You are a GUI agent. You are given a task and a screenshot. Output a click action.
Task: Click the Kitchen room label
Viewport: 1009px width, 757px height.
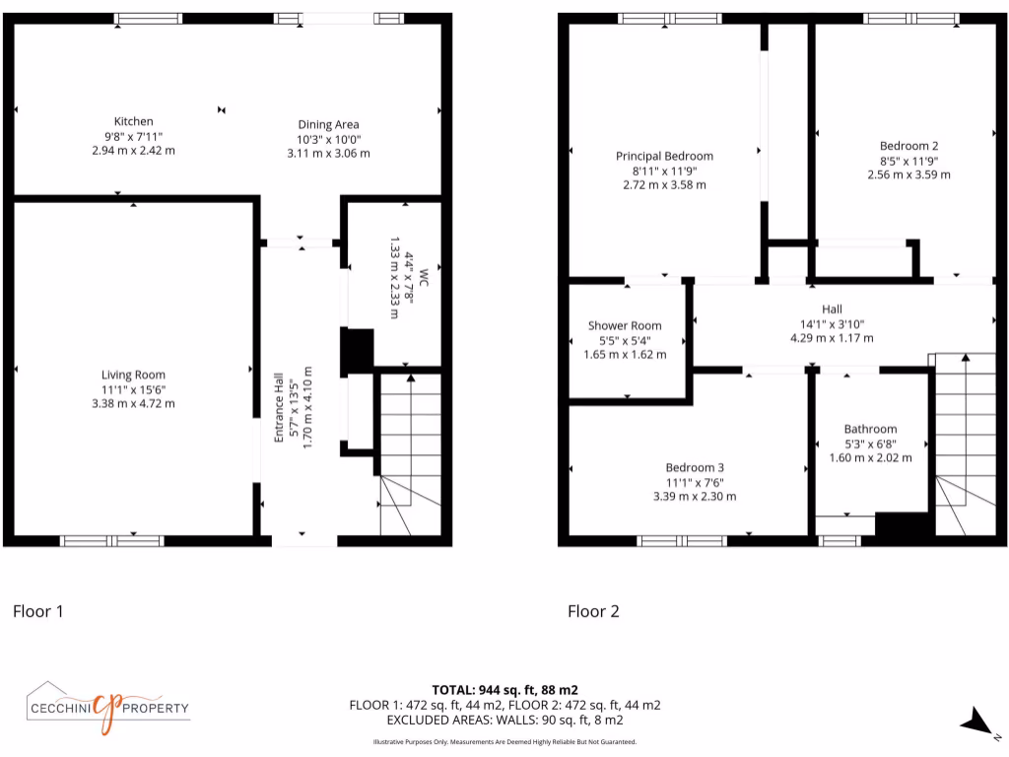point(133,121)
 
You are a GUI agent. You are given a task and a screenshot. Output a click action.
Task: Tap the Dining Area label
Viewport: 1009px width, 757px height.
point(328,124)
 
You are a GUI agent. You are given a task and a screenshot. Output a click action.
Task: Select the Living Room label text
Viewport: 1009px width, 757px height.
point(133,375)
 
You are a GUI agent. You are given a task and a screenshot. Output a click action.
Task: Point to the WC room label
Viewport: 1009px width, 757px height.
point(424,277)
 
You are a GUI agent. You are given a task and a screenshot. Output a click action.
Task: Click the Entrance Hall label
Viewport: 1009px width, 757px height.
point(280,406)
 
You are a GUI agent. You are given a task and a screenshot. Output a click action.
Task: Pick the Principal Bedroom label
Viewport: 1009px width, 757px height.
point(664,156)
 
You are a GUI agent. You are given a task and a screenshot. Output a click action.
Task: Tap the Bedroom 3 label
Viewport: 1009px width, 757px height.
point(694,467)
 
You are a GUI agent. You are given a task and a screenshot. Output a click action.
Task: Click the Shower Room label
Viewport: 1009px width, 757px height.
point(625,326)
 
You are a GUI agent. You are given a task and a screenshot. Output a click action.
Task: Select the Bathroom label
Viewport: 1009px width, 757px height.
point(870,429)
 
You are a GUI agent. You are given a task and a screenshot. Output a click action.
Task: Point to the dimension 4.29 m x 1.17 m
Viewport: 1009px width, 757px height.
point(832,338)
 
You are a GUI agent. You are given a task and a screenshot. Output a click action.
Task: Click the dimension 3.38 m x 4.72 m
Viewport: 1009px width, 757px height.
point(133,403)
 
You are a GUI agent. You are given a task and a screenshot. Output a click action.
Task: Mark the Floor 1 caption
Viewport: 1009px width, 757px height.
point(37,611)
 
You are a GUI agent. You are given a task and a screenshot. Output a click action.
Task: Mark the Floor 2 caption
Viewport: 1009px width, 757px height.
point(593,611)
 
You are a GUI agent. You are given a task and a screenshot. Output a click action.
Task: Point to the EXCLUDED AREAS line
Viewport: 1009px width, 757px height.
point(504,721)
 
